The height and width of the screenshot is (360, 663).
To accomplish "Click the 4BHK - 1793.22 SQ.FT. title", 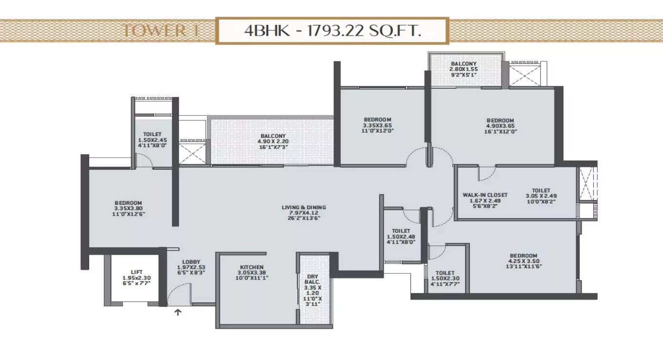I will (332, 31).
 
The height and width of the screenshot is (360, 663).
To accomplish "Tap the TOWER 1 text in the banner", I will (154, 31).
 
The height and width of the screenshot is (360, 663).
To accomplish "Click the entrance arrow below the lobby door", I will (178, 313).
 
